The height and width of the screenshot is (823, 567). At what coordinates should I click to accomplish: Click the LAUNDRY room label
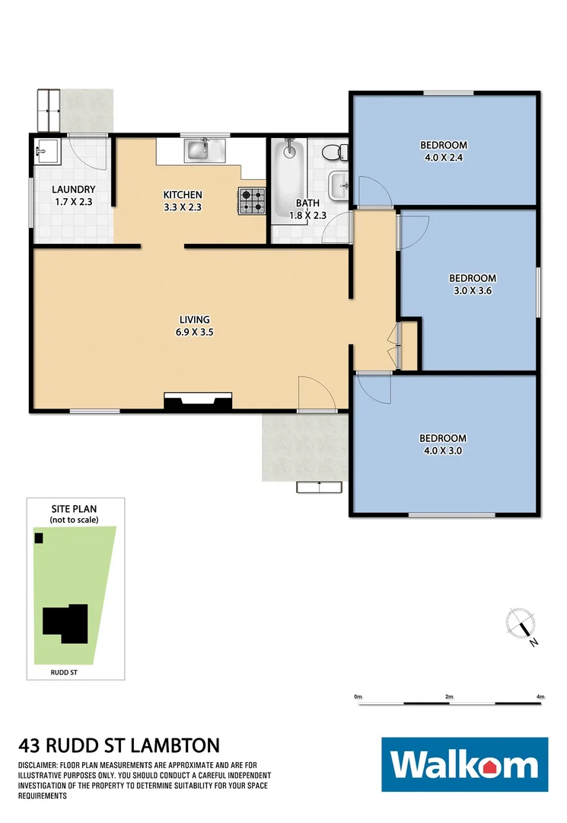(73, 190)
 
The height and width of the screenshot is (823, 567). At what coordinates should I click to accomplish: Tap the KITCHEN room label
(183, 194)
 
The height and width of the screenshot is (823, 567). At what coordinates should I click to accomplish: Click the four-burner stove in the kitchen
(253, 201)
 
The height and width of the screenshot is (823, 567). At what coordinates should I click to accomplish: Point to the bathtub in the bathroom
(290, 169)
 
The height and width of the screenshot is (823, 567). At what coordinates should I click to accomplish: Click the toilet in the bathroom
(333, 152)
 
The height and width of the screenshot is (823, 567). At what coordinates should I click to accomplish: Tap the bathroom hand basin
(338, 184)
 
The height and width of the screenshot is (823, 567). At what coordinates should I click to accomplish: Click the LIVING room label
(194, 319)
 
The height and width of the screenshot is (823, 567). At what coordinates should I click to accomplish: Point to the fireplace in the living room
(199, 402)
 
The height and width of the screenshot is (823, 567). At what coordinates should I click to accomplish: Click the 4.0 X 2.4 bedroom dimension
(443, 159)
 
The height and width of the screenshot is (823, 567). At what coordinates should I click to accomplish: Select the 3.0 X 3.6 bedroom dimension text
(472, 290)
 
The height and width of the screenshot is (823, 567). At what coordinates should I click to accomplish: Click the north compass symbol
(522, 626)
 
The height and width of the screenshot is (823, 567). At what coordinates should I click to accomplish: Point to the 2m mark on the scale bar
(449, 697)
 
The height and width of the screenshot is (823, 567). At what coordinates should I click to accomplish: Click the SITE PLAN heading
(74, 508)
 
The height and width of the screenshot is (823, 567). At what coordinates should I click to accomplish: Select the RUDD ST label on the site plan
(63, 673)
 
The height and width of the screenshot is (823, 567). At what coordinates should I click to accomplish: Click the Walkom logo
(464, 764)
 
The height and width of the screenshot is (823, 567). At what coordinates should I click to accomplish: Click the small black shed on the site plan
(39, 538)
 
